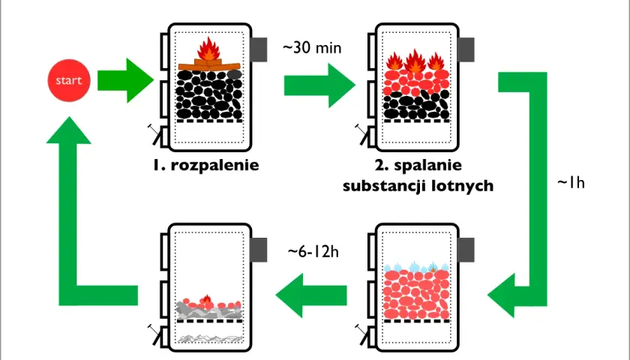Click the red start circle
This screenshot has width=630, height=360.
[x=69, y=80]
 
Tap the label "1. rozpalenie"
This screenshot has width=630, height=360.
[x=205, y=165]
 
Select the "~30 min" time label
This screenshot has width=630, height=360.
[x=312, y=48]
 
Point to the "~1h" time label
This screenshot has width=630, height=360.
[x=571, y=183]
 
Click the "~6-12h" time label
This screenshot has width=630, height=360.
[x=313, y=251]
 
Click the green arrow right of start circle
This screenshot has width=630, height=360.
[x=126, y=80]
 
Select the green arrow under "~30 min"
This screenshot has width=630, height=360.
[x=319, y=85]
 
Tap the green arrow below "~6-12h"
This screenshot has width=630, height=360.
[x=311, y=295]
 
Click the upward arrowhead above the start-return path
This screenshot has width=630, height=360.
[x=69, y=130]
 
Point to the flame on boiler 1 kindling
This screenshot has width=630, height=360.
[x=208, y=49]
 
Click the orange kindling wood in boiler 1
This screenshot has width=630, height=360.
[x=209, y=65]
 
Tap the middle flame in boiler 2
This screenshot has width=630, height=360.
[x=415, y=61]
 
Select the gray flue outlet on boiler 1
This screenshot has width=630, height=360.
[x=259, y=49]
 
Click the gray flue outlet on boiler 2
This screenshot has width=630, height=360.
[x=466, y=49]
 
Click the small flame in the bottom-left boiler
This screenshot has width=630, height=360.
[x=206, y=299]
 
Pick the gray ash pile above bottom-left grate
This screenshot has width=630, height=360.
[x=209, y=311]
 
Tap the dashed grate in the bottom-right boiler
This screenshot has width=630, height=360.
[x=416, y=321]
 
